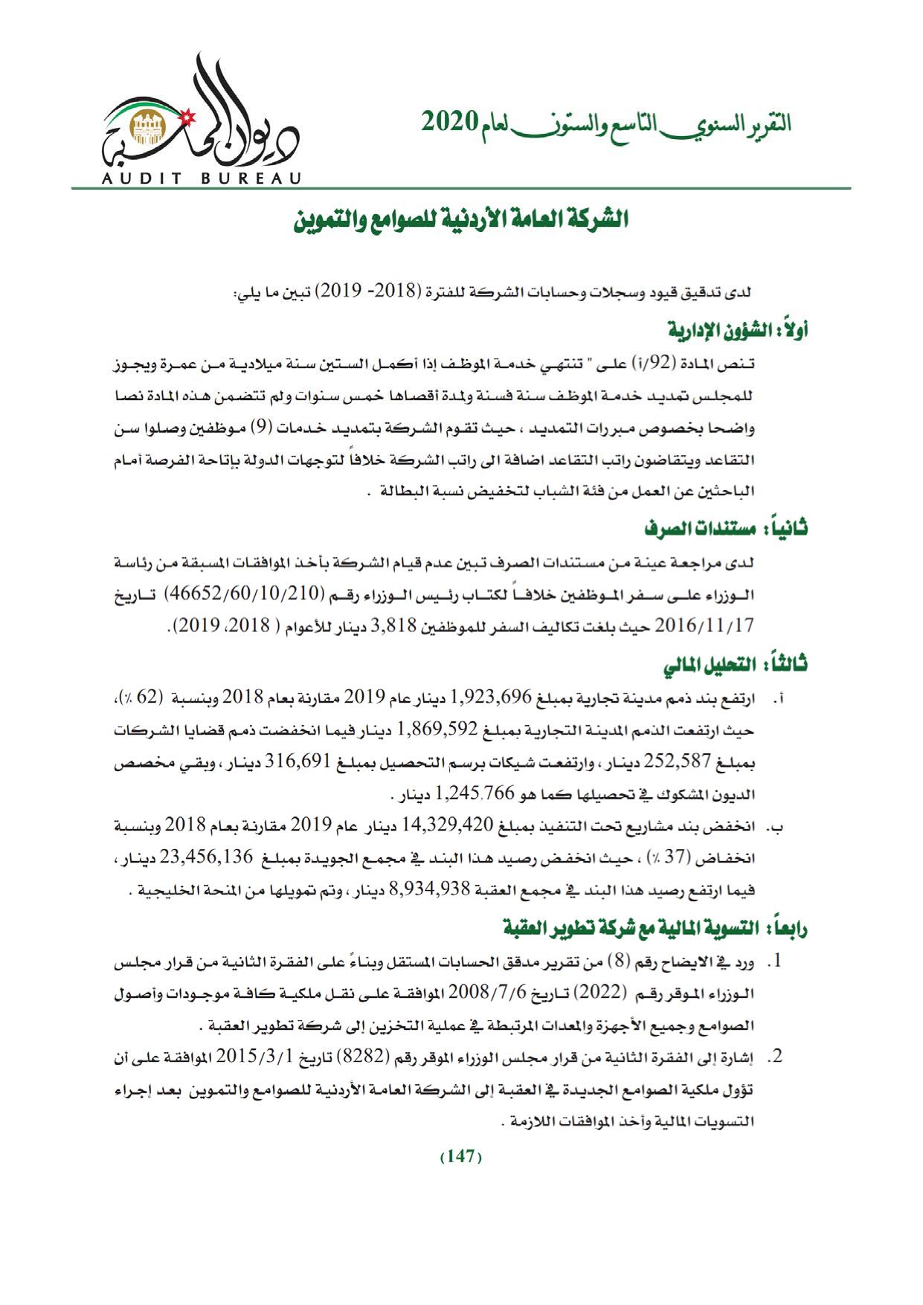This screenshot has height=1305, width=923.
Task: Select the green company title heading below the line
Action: tap(460, 221)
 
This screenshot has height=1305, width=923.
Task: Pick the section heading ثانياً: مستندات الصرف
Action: tap(726, 529)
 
